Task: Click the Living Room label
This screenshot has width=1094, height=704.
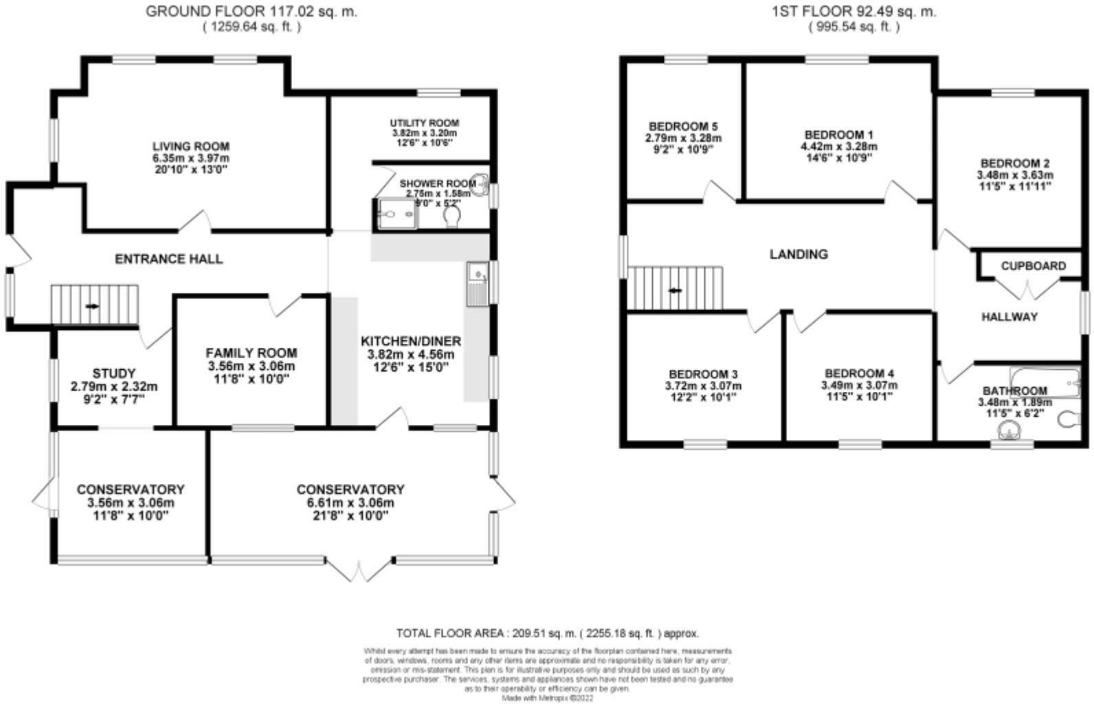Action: (190, 146)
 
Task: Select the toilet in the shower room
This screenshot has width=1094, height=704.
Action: (452, 217)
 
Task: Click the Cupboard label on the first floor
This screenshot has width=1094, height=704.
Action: (1033, 266)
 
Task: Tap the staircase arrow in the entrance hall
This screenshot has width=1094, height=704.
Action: (91, 306)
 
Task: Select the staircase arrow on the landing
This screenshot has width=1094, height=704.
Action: (676, 290)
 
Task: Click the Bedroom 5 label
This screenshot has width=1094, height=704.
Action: (683, 126)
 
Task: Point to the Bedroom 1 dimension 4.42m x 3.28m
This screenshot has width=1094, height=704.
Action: (838, 146)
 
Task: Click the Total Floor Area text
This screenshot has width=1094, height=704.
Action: (547, 633)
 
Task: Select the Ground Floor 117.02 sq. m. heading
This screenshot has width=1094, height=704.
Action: (252, 12)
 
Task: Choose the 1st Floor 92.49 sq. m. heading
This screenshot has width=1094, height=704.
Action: (854, 12)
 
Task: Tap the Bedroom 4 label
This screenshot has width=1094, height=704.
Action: (859, 374)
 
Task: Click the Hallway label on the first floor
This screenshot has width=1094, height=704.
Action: (1009, 317)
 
